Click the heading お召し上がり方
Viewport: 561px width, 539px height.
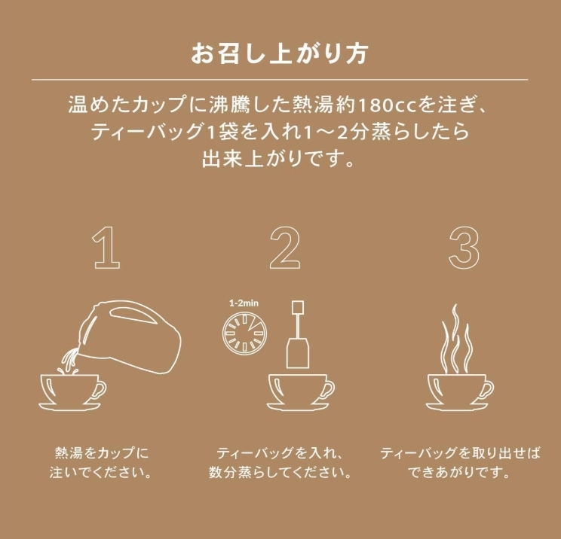[x=280, y=54]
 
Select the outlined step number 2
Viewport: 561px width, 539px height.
[x=285, y=248]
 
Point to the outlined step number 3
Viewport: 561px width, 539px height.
[x=464, y=248]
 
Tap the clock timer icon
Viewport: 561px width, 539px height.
[x=244, y=333]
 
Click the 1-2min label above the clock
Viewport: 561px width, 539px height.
[x=244, y=303]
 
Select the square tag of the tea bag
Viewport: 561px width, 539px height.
[x=298, y=308]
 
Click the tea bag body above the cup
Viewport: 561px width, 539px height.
[x=298, y=353]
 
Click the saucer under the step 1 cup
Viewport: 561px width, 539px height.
[x=70, y=407]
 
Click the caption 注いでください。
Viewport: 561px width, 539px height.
[x=100, y=473]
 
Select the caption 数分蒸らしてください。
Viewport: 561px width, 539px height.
[x=280, y=473]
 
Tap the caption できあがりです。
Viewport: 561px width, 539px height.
[x=459, y=473]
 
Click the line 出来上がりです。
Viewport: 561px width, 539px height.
[x=279, y=159]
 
